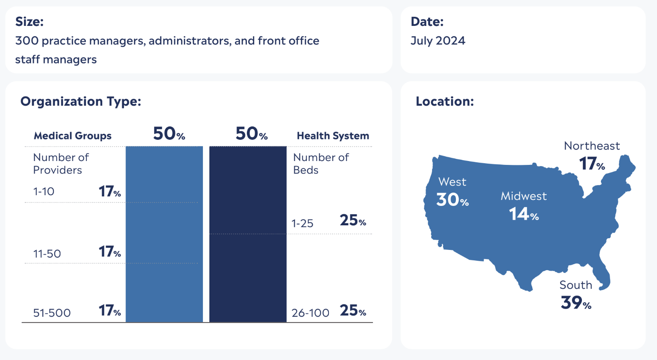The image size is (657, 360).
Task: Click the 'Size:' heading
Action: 29,22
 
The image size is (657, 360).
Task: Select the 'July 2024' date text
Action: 438,41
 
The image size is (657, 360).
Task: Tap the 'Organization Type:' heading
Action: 81,101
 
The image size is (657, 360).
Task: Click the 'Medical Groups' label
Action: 73,136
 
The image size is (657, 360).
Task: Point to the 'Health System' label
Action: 333,136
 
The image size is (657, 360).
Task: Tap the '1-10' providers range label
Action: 44,192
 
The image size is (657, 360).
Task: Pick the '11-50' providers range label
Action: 47,254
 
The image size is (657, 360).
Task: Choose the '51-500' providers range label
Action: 52,313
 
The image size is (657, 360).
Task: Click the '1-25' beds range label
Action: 302,224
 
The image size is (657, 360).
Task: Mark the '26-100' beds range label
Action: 310,313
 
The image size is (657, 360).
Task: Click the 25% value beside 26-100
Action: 353,311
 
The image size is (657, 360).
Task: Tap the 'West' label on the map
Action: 452,182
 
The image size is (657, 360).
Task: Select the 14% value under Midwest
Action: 524,214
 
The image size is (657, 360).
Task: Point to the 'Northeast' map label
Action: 592,146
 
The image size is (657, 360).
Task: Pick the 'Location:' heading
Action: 445,101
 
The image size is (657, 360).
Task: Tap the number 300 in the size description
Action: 27,41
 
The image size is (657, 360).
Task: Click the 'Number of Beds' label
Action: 321,164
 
